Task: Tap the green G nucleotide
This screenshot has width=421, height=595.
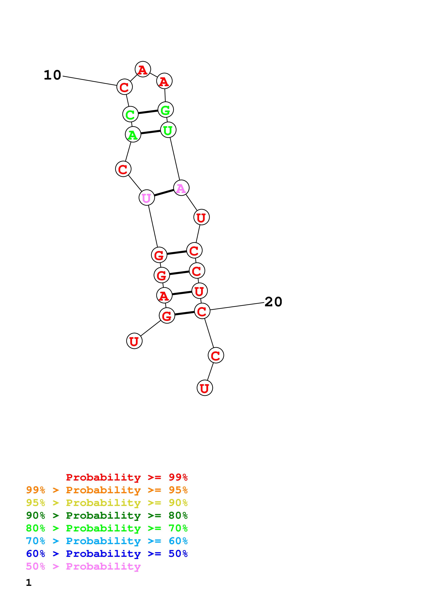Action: click(x=165, y=110)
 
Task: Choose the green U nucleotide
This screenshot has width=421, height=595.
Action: click(x=168, y=130)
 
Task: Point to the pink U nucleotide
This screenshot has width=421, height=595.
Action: click(x=147, y=198)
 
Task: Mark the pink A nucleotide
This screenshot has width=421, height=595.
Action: click(x=181, y=188)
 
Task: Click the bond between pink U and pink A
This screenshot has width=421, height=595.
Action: click(x=164, y=193)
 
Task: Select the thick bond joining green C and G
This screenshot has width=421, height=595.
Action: click(x=148, y=112)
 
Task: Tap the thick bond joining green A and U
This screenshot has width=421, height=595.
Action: click(x=150, y=132)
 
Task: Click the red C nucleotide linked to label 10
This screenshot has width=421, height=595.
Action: click(x=124, y=87)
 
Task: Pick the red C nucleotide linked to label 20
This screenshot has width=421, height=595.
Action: click(x=202, y=311)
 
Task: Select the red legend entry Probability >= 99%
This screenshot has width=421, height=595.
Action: click(x=127, y=477)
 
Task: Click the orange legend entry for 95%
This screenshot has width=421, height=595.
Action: click(x=107, y=490)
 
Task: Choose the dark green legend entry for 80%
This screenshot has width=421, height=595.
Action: click(x=107, y=515)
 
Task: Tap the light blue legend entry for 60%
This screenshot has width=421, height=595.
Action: click(x=107, y=541)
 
